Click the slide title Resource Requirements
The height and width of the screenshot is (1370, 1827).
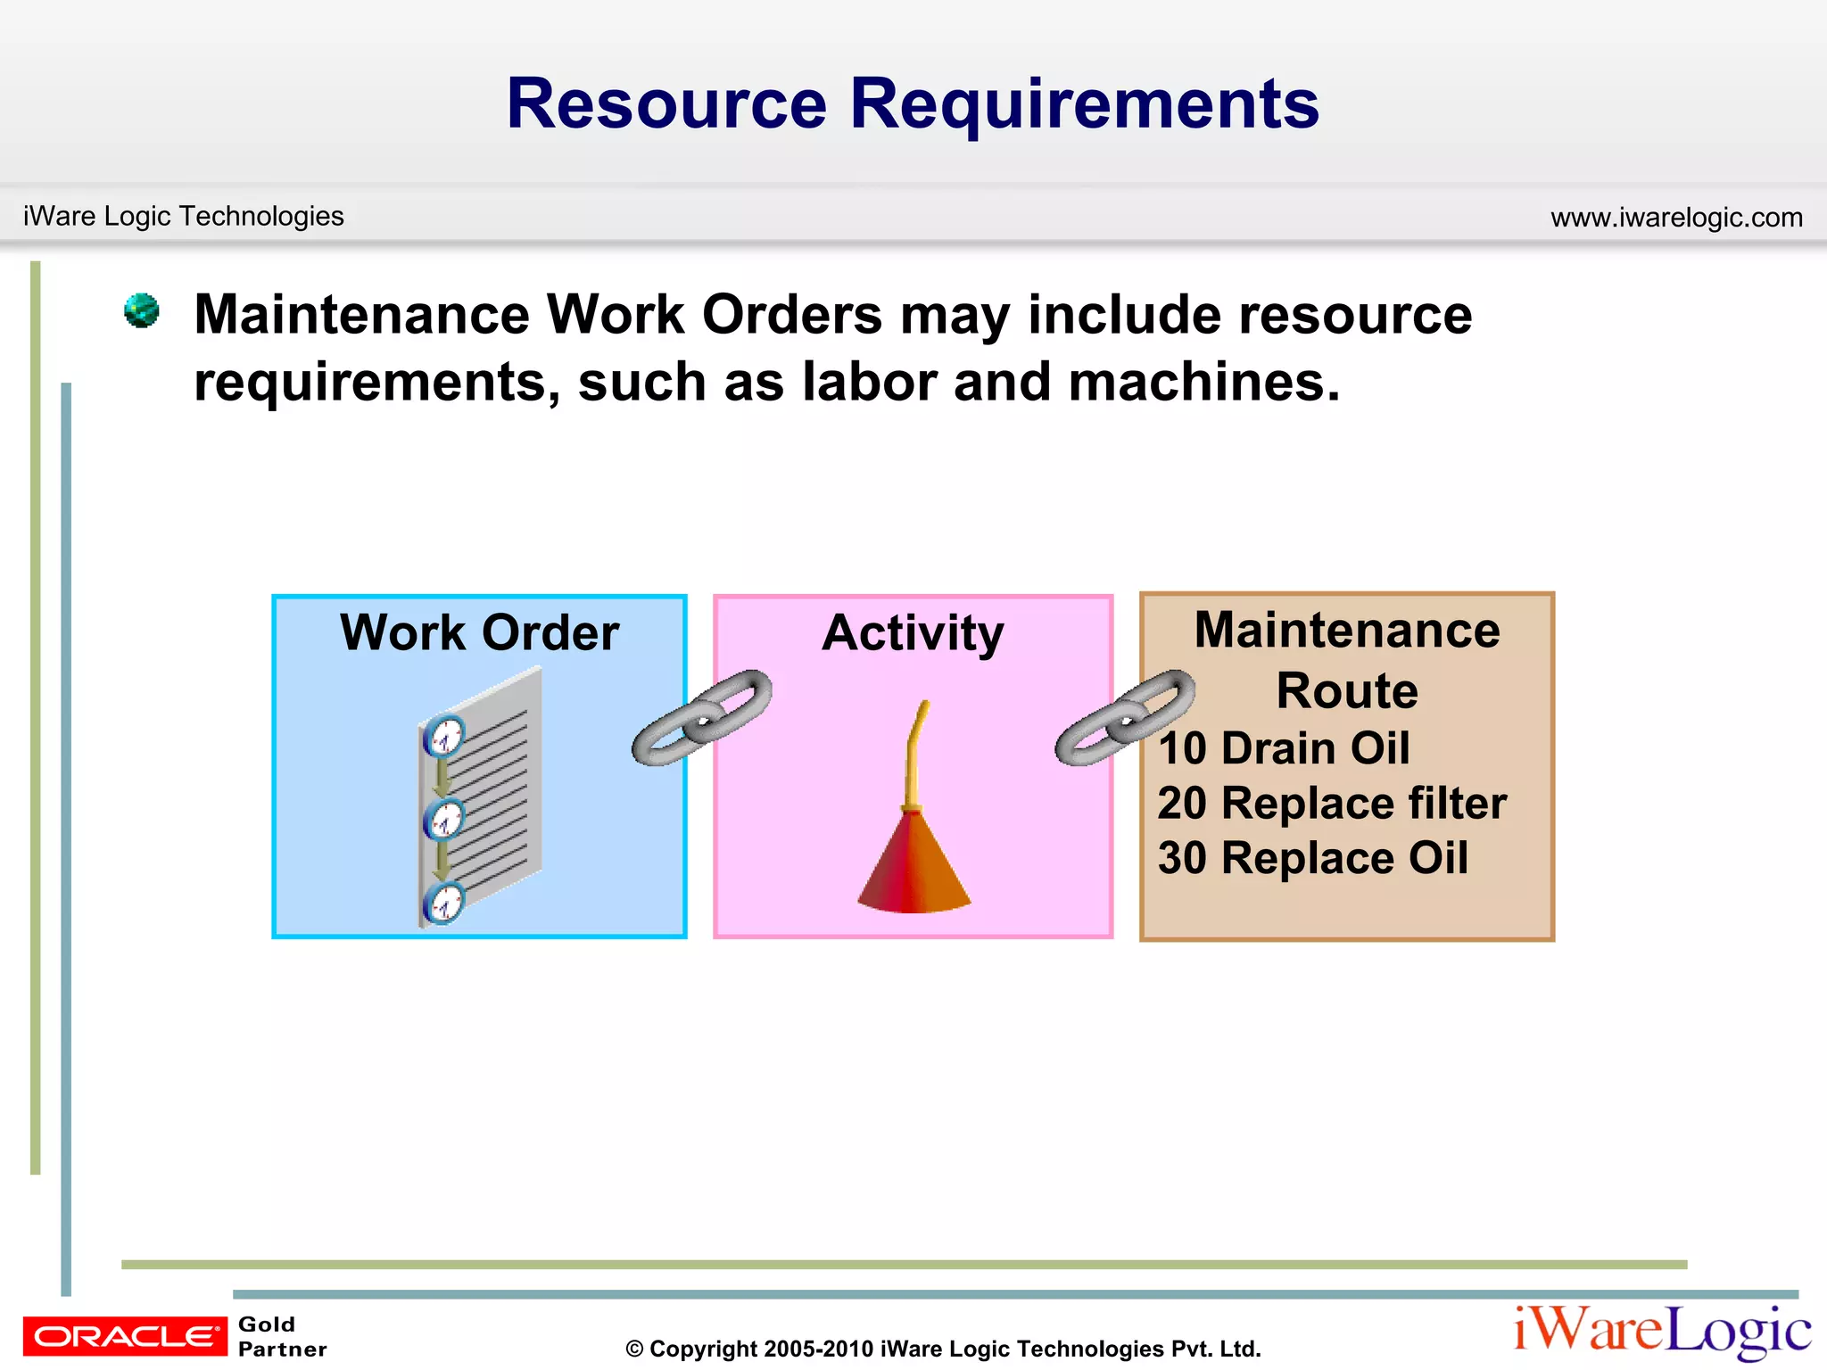[913, 103]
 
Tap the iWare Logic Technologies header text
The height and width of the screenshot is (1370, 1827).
[184, 216]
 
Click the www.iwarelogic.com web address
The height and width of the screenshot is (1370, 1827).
[1676, 217]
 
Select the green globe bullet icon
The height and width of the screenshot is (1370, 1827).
[142, 310]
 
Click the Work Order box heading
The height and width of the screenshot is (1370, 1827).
[479, 632]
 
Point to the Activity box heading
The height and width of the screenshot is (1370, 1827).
[913, 632]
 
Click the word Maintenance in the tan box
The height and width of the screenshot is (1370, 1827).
[1347, 630]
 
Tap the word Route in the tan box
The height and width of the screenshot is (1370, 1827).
[1347, 690]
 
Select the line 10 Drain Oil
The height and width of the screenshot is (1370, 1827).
[1284, 747]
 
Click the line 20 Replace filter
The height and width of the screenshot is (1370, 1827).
[1332, 803]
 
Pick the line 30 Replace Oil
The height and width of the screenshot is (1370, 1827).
[1312, 858]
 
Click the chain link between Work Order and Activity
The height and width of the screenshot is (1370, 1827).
[701, 717]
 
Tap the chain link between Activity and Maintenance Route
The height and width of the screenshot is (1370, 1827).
[1125, 717]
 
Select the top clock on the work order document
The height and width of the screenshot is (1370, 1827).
[444, 737]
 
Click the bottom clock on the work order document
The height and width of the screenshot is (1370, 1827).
[444, 903]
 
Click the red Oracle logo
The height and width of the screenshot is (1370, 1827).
[125, 1336]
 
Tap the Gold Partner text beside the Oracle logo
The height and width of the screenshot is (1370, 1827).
[282, 1336]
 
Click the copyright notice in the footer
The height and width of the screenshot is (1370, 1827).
[943, 1349]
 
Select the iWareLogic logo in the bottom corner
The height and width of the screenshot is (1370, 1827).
[1662, 1331]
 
